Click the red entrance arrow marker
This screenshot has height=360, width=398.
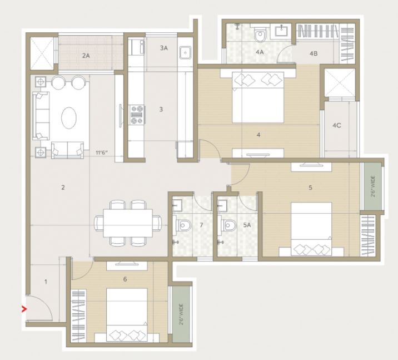pyautogui.click(x=24, y=309)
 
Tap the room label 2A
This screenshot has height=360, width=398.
pyautogui.click(x=86, y=56)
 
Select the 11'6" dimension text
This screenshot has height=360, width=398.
pyautogui.click(x=102, y=152)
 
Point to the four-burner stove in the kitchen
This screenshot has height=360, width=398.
pyautogui.click(x=137, y=115)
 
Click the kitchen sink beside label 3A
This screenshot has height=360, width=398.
pyautogui.click(x=186, y=53)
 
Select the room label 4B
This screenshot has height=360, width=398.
pyautogui.click(x=314, y=53)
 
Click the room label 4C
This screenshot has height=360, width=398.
pyautogui.click(x=337, y=125)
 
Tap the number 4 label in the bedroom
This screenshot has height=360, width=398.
pyautogui.click(x=258, y=135)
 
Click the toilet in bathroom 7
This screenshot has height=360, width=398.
pyautogui.click(x=183, y=225)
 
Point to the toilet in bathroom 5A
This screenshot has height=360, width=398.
pyautogui.click(x=228, y=225)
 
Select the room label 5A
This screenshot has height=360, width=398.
pyautogui.click(x=247, y=225)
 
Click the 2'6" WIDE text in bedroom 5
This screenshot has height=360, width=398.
pyautogui.click(x=372, y=186)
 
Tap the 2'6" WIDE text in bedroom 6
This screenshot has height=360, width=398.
pyautogui.click(x=181, y=314)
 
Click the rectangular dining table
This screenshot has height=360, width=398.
pyautogui.click(x=128, y=223)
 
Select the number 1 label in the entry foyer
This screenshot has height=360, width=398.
pyautogui.click(x=46, y=282)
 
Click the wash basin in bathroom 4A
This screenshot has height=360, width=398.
pyautogui.click(x=281, y=31)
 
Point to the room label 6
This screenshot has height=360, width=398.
pyautogui.click(x=125, y=279)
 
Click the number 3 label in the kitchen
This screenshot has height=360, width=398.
pyautogui.click(x=161, y=109)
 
